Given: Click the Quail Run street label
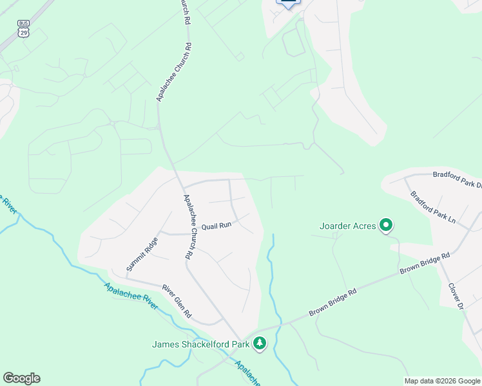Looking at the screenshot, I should (x=216, y=226).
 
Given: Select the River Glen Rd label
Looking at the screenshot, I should (x=177, y=301).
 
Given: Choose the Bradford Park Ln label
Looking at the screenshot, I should (x=432, y=208).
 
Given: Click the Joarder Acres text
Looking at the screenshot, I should (x=348, y=226).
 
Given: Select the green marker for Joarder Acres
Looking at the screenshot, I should (x=385, y=225).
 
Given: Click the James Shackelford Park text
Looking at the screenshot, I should (x=200, y=344).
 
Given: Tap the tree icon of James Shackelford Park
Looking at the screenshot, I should (x=259, y=344).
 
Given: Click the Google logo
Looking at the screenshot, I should (x=21, y=378).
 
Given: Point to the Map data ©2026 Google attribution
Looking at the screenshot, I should (x=443, y=381).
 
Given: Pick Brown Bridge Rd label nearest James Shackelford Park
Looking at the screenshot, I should (x=332, y=302).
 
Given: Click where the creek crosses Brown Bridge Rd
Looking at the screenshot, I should (x=279, y=323).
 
